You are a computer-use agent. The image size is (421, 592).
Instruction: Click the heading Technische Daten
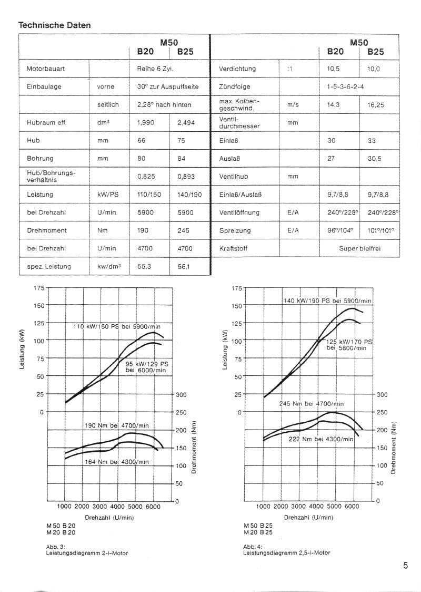(x=55, y=25)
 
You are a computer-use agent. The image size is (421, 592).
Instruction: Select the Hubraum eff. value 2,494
(x=186, y=123)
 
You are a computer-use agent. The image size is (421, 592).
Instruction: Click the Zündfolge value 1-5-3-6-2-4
(x=346, y=86)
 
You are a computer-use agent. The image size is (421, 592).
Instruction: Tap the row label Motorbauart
(x=46, y=69)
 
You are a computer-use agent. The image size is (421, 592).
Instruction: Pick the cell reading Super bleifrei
(x=359, y=248)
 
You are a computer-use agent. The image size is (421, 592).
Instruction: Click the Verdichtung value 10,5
(x=334, y=69)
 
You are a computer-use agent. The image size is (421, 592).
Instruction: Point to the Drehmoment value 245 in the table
(x=183, y=230)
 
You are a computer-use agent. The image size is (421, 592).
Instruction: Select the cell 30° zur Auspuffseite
(x=168, y=86)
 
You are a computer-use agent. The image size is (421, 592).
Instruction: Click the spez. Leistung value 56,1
(x=184, y=267)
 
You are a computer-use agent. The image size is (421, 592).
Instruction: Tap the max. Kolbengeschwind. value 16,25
(x=375, y=105)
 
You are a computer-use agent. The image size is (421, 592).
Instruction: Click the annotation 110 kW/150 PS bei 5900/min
(x=116, y=326)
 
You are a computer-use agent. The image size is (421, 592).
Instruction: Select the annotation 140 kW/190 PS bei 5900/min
(x=327, y=301)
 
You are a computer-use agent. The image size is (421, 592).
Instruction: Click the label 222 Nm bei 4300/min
(x=321, y=439)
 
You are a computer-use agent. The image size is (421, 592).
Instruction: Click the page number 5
(x=405, y=566)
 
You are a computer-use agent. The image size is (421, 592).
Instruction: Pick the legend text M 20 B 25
(x=258, y=532)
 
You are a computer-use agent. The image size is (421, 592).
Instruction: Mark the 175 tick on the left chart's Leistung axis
(x=39, y=288)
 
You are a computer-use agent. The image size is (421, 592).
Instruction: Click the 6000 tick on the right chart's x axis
(x=352, y=506)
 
